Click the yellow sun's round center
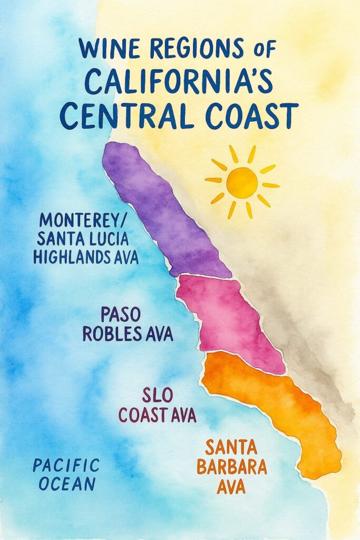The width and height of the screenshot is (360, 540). point(242,182)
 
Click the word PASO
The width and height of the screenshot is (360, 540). point(120,315)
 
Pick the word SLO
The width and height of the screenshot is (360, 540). point(157,395)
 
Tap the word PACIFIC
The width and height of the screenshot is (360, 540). point(66,465)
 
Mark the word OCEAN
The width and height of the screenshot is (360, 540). point(66,483)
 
